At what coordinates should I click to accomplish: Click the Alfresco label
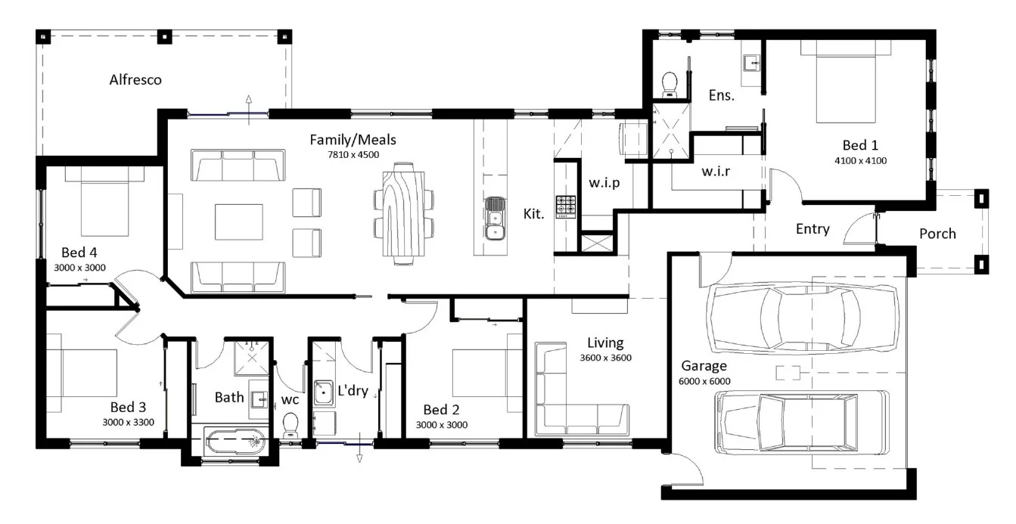point(135,80)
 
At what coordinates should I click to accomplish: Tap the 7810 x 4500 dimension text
point(353,154)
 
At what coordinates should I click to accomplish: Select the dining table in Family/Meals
point(404,213)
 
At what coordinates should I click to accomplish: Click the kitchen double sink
point(495,219)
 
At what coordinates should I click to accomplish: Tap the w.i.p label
point(604,183)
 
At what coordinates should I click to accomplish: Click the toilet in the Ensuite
point(670,85)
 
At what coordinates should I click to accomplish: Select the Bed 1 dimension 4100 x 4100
point(860,160)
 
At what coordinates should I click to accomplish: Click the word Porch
point(937,234)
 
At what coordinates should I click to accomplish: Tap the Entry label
point(812,229)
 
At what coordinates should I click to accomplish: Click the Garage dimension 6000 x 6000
point(704,381)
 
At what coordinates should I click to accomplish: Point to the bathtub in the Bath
point(235,441)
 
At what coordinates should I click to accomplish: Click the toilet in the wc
point(291,425)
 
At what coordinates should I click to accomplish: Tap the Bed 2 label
point(441,410)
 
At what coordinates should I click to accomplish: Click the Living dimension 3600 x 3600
point(605,358)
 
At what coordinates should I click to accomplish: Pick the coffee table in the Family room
point(238,222)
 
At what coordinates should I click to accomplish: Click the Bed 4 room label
point(79,253)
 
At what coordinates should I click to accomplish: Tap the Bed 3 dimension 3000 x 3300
point(129,423)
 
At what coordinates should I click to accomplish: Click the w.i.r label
point(716,172)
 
